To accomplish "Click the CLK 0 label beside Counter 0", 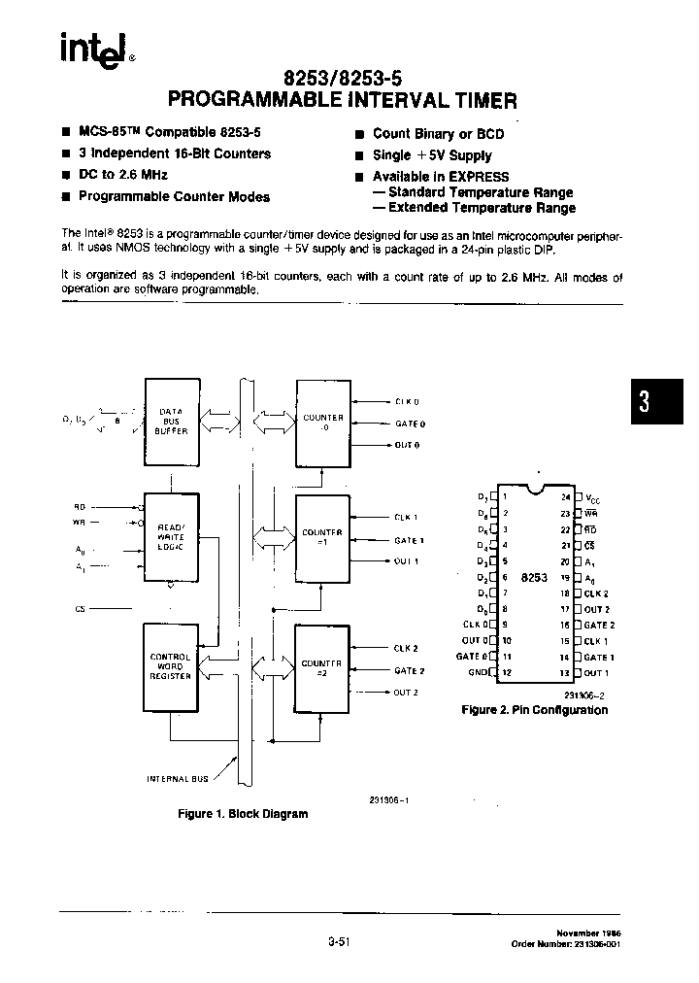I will [x=408, y=401].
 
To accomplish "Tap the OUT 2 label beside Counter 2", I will [x=407, y=692].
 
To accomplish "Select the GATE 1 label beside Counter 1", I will [x=409, y=540].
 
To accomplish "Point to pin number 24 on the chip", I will [x=566, y=496].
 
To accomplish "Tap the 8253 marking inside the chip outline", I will [x=534, y=577].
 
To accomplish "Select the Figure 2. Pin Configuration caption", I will [x=534, y=710].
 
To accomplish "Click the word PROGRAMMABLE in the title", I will [x=252, y=99].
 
